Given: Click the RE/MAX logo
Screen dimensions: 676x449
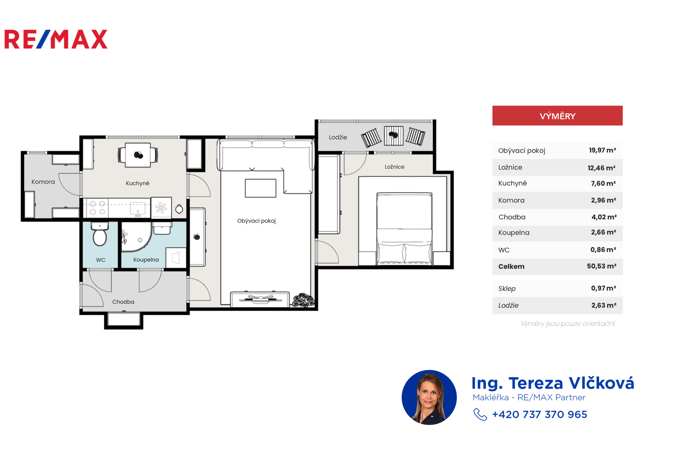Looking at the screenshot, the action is pos(56,39).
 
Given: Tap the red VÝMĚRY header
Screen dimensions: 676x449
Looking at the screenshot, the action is pos(557,116).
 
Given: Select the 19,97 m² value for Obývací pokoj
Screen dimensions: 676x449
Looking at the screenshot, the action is pos(602,150).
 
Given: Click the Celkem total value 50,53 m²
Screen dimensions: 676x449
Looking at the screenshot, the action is pos(602,266).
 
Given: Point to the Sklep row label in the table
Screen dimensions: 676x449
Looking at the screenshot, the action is pos(507,288).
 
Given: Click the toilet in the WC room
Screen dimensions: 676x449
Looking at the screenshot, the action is pos(100,234).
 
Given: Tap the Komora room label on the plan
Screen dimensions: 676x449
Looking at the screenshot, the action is pos(43,182).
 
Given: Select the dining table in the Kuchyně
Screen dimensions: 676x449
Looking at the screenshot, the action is pos(138,155).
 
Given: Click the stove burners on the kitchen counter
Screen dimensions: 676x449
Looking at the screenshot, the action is pos(98,208).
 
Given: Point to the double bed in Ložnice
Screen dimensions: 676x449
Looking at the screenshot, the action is pos(404,229).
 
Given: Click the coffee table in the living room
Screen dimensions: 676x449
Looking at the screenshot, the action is pos(260,188).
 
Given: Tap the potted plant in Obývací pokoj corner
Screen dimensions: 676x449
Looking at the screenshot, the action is pos(303,300).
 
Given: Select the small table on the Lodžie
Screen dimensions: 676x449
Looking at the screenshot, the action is pos(393,135).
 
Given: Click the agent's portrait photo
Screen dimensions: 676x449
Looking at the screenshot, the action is pos(429,397).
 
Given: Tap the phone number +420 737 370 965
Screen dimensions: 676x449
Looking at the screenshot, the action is pos(540,414).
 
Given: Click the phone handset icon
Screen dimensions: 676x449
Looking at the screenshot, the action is pos(480,414).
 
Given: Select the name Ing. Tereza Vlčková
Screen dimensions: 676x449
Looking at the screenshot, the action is pos(553,383).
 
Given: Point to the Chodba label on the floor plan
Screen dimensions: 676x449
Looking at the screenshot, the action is pos(123,302).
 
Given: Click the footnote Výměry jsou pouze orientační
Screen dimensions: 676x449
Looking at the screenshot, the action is pos(568,323).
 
